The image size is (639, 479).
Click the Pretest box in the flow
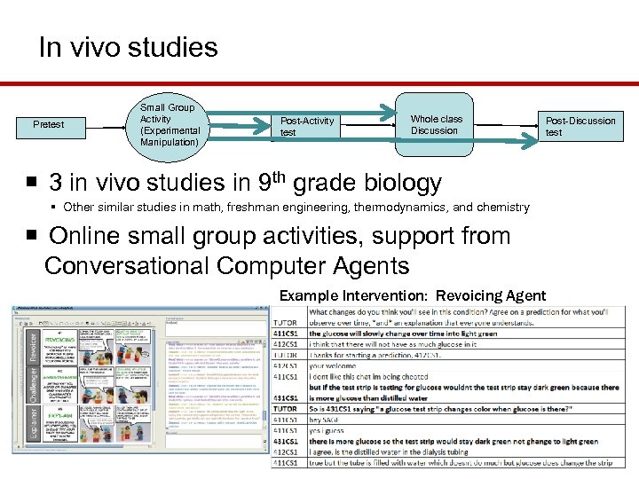tap(48, 124)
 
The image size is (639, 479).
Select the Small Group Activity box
tap(169, 124)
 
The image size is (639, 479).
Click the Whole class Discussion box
tap(436, 124)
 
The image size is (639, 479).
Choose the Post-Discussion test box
tap(580, 126)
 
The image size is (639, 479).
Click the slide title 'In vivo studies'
tap(128, 47)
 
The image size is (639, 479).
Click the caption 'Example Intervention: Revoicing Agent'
tap(413, 295)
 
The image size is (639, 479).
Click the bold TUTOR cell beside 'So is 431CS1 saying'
tap(285, 408)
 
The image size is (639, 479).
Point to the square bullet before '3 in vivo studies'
tap(31, 183)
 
